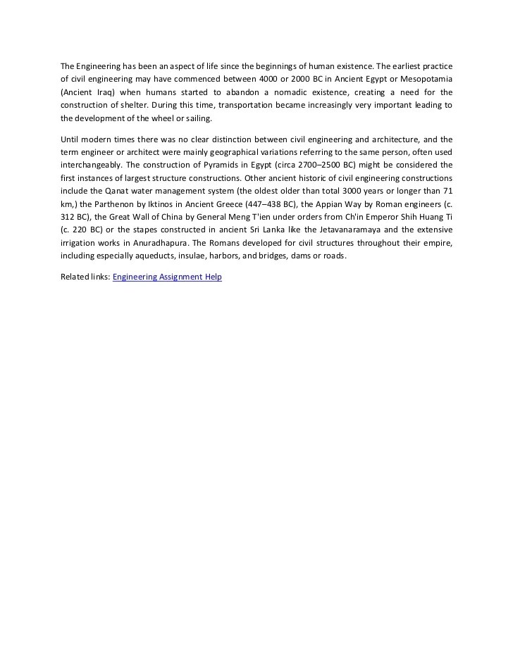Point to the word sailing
point(198,118)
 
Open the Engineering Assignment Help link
point(167,277)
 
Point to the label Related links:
point(85,277)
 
